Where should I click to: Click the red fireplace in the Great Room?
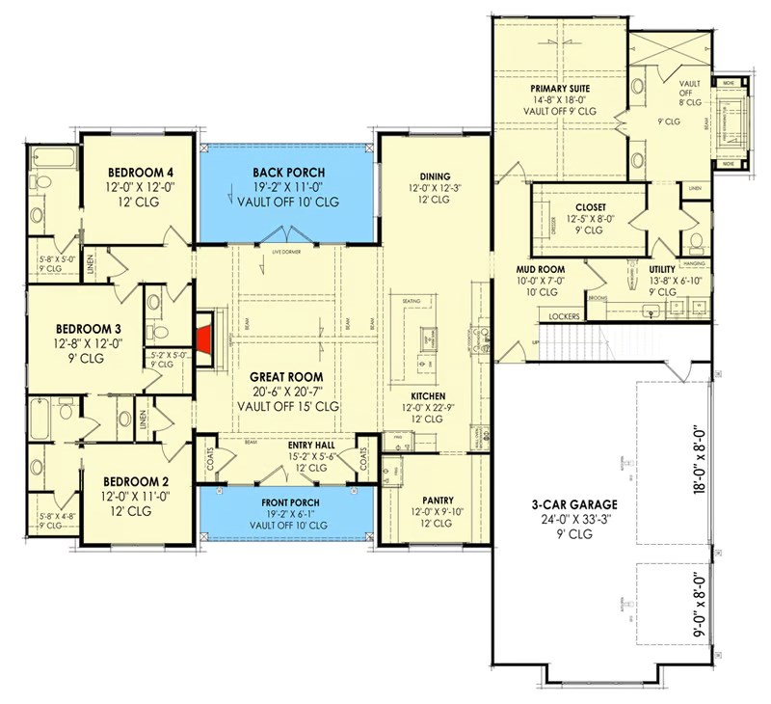pos(203,338)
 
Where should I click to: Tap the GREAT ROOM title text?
pos(286,377)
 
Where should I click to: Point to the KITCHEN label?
pos(428,396)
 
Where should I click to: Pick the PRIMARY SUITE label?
pos(559,89)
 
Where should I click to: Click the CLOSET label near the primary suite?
pos(590,206)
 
